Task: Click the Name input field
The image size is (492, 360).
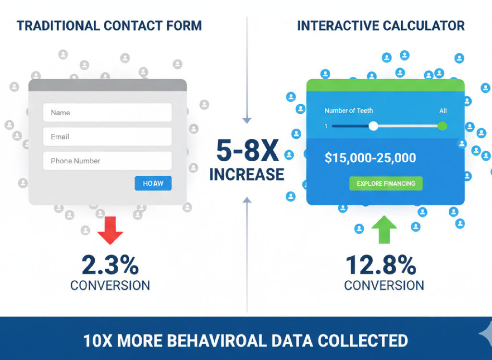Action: click(107, 112)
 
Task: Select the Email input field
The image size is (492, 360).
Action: click(107, 136)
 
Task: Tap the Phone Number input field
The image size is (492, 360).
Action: click(107, 160)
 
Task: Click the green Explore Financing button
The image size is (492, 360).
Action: click(386, 183)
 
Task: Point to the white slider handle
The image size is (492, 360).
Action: click(373, 126)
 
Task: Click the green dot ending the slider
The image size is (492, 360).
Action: click(442, 126)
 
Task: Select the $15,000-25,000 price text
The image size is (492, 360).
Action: click(370, 157)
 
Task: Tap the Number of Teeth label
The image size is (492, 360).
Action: click(349, 110)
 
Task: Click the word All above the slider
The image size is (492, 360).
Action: click(443, 111)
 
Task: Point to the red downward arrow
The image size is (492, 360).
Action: click(110, 230)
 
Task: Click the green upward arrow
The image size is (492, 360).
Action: click(384, 229)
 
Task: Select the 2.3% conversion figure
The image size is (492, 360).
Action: click(110, 265)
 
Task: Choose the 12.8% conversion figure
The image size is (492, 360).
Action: click(381, 265)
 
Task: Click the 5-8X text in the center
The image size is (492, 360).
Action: click(247, 151)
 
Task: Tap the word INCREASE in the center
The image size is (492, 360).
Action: click(247, 174)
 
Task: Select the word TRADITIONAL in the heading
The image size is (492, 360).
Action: click(58, 26)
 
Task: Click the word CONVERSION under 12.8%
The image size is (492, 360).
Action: click(384, 286)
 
